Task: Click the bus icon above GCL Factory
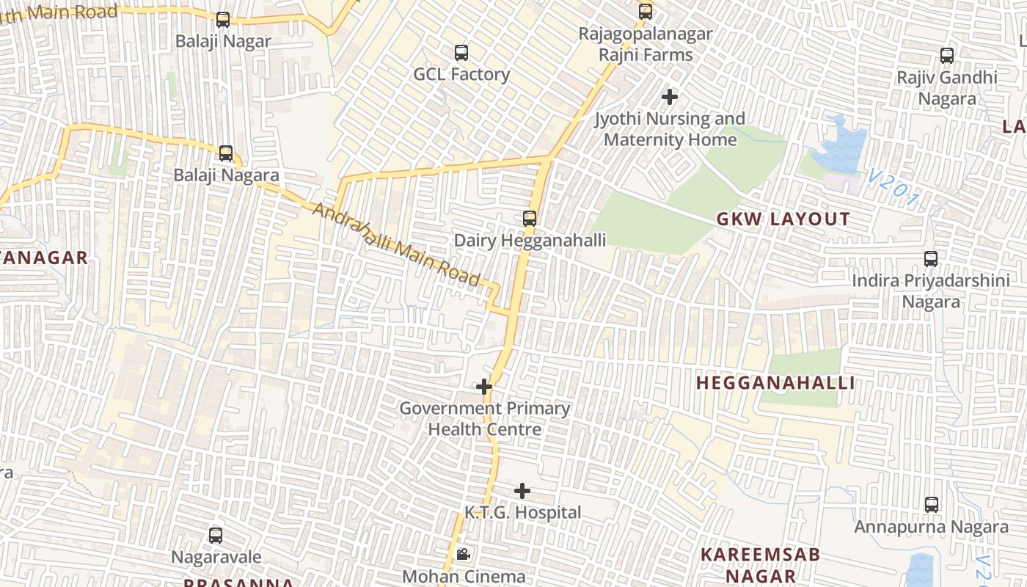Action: (461, 53)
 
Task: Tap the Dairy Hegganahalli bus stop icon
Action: (529, 219)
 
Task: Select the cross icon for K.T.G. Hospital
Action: (522, 490)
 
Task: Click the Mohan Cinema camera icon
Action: (463, 555)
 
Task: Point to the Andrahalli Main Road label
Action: (397, 245)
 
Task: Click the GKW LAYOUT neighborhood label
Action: (783, 219)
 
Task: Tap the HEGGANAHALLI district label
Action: (775, 383)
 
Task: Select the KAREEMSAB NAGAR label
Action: (759, 565)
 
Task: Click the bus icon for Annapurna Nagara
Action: (931, 505)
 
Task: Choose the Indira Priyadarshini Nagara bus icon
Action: (930, 259)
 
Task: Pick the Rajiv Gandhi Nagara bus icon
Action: (946, 56)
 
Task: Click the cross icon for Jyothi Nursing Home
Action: (669, 96)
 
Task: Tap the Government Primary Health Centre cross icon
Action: (483, 386)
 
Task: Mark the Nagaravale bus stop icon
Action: (215, 536)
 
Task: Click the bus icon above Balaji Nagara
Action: (226, 153)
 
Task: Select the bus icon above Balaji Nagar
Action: (223, 20)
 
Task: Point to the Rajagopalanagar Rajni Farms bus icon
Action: (645, 12)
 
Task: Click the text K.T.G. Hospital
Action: (522, 512)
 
